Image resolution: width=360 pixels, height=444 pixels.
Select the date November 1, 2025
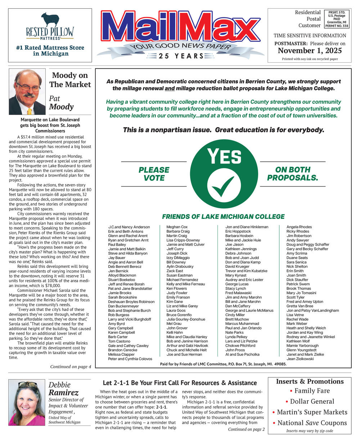[x=309, y=51]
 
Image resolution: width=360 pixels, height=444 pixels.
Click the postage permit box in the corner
[x=337, y=19]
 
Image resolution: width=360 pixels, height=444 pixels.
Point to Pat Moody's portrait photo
[x=27, y=92]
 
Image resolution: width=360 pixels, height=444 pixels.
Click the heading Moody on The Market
[x=70, y=80]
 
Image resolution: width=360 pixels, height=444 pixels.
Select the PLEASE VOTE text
[x=154, y=174]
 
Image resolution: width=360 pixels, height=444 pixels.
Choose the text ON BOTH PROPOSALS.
[x=292, y=174]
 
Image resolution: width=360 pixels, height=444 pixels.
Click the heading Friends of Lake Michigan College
[x=223, y=216]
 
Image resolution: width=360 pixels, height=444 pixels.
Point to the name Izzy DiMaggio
[x=178, y=258]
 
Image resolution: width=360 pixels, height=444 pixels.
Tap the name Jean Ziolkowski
[x=300, y=359]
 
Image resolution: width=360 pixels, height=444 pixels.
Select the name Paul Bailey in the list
[x=117, y=245]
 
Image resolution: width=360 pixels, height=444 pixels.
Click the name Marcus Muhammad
[x=242, y=324]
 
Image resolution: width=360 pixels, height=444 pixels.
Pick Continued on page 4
[x=71, y=367]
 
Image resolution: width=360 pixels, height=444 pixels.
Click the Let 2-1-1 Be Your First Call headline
[x=180, y=383]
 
